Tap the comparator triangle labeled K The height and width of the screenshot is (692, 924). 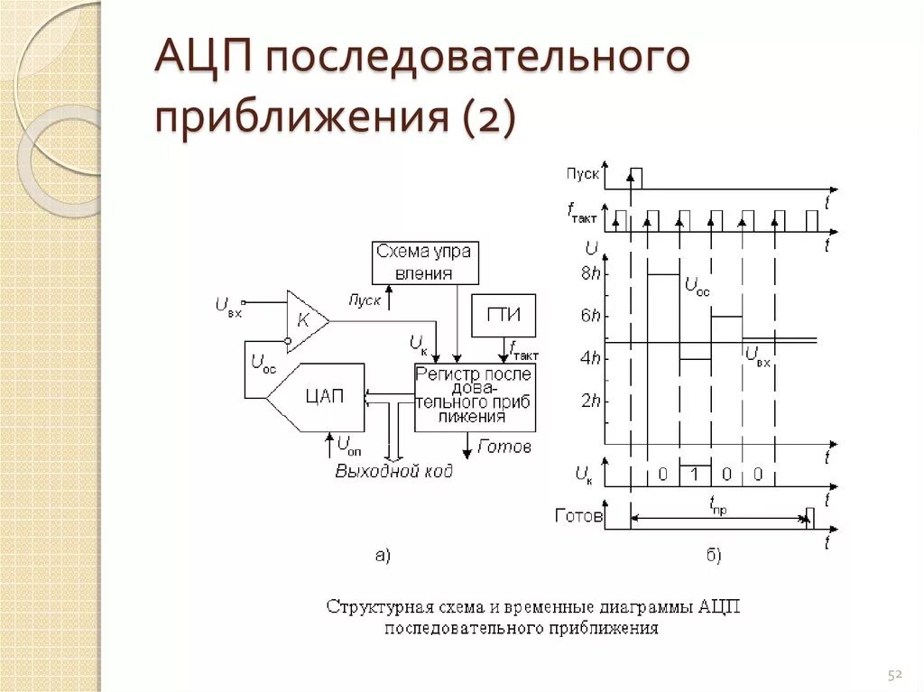tap(305, 320)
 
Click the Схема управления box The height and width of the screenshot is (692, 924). tap(425, 263)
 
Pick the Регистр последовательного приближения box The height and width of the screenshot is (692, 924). tap(474, 396)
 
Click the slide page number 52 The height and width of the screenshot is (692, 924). tap(896, 674)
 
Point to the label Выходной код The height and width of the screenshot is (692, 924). tap(393, 471)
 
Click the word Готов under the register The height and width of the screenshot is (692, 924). tap(504, 447)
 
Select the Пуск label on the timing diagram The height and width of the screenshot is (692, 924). tap(581, 172)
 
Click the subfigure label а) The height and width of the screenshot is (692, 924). tap(383, 556)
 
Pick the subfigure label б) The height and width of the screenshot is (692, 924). tap(713, 556)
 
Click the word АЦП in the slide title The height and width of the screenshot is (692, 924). tap(204, 60)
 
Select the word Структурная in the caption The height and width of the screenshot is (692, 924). tap(369, 605)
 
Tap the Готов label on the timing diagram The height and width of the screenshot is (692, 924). tap(577, 517)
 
